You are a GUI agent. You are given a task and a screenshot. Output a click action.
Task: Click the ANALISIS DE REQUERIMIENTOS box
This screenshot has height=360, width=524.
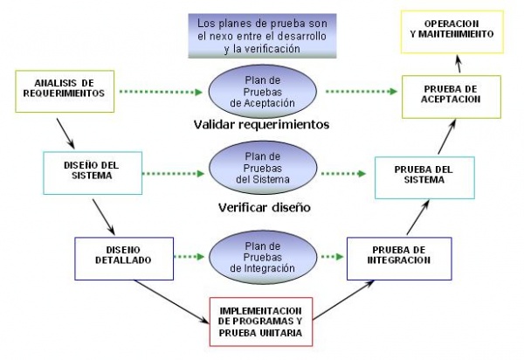pos(59,90)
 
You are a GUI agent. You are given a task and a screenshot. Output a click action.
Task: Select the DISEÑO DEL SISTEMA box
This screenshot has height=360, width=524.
pos(79,172)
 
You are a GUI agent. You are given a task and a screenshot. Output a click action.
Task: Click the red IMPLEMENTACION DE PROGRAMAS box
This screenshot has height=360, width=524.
pos(261,321)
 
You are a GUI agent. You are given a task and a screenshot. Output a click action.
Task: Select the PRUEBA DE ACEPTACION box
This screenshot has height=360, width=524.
pos(452,95)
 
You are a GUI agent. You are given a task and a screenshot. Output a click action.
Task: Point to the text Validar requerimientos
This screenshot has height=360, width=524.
pos(261,125)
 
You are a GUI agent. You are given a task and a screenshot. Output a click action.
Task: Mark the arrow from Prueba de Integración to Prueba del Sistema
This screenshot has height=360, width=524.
pos(414,217)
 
